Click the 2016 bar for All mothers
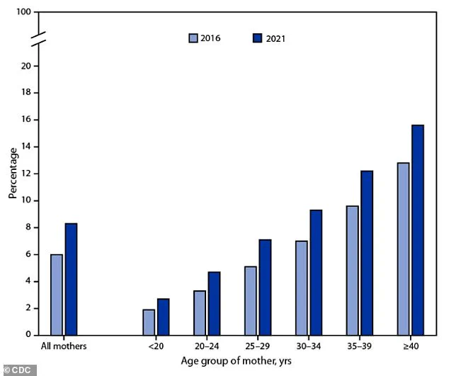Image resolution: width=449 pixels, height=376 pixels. (56, 295)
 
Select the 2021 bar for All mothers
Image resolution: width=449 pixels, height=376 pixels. (71, 279)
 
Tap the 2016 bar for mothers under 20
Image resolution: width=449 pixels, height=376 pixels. (148, 322)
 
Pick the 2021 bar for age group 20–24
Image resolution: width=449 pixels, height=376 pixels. (214, 303)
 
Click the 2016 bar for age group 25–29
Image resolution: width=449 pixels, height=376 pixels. (250, 300)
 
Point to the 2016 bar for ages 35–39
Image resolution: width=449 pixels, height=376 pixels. (352, 270)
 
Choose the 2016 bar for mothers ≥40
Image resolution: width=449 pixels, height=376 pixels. (403, 249)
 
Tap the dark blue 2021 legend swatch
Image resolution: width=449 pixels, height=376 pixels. (258, 38)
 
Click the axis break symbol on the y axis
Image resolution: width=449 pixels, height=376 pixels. (39, 40)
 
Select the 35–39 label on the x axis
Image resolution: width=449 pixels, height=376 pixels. (359, 347)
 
